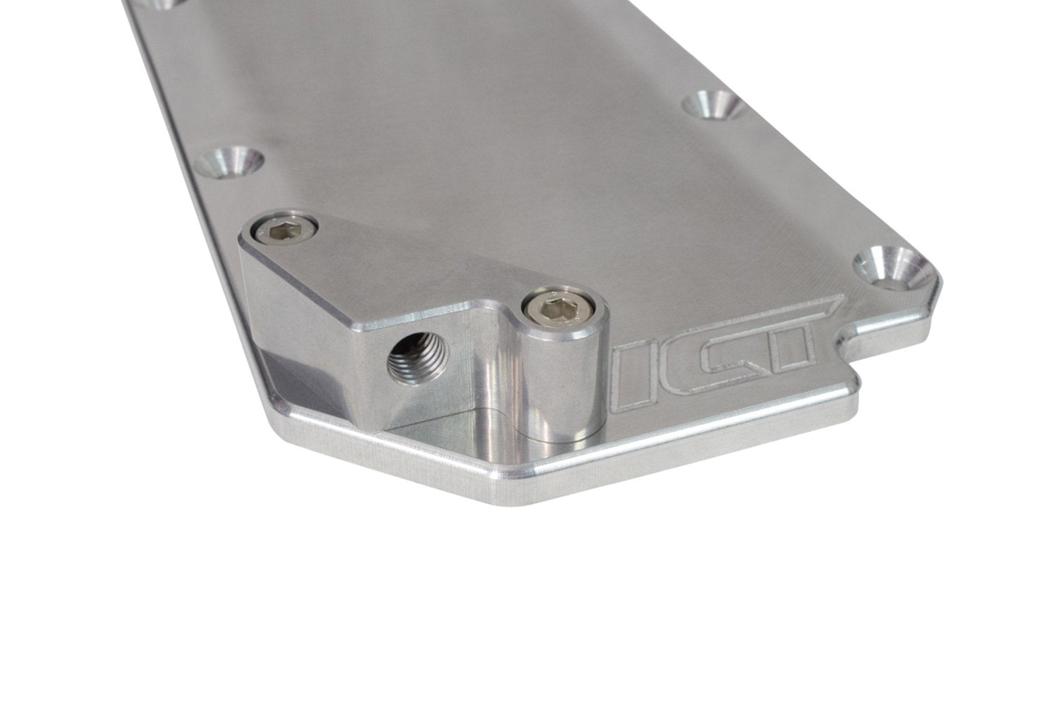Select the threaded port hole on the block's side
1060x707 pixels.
[x=409, y=361]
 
